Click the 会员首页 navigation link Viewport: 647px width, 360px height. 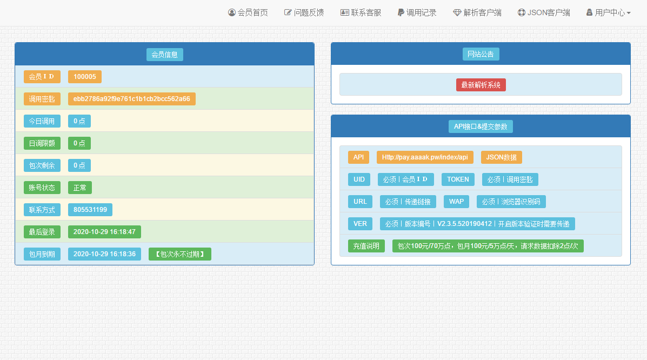click(248, 13)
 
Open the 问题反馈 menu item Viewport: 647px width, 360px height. click(304, 13)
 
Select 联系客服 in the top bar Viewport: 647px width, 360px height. click(361, 13)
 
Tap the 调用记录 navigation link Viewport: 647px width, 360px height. click(417, 13)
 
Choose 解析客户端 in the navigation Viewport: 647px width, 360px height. click(477, 13)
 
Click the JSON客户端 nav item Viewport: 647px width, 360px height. click(544, 13)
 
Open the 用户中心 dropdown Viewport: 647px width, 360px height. click(609, 13)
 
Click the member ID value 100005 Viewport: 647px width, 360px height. click(84, 77)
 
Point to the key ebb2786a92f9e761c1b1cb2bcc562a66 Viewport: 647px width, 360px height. click(132, 99)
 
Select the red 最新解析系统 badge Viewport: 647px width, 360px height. click(481, 85)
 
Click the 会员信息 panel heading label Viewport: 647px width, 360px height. click(165, 55)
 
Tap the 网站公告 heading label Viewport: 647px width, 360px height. click(481, 54)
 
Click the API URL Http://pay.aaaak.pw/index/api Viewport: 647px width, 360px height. click(425, 157)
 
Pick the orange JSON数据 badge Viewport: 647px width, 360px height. click(502, 157)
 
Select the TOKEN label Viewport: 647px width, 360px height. click(458, 179)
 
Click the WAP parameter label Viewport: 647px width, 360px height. click(456, 202)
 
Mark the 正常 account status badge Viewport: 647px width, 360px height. click(80, 188)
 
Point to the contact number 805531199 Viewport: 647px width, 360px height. click(90, 210)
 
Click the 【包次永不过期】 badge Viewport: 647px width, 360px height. click(180, 254)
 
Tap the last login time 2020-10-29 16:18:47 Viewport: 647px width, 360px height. click(104, 232)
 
